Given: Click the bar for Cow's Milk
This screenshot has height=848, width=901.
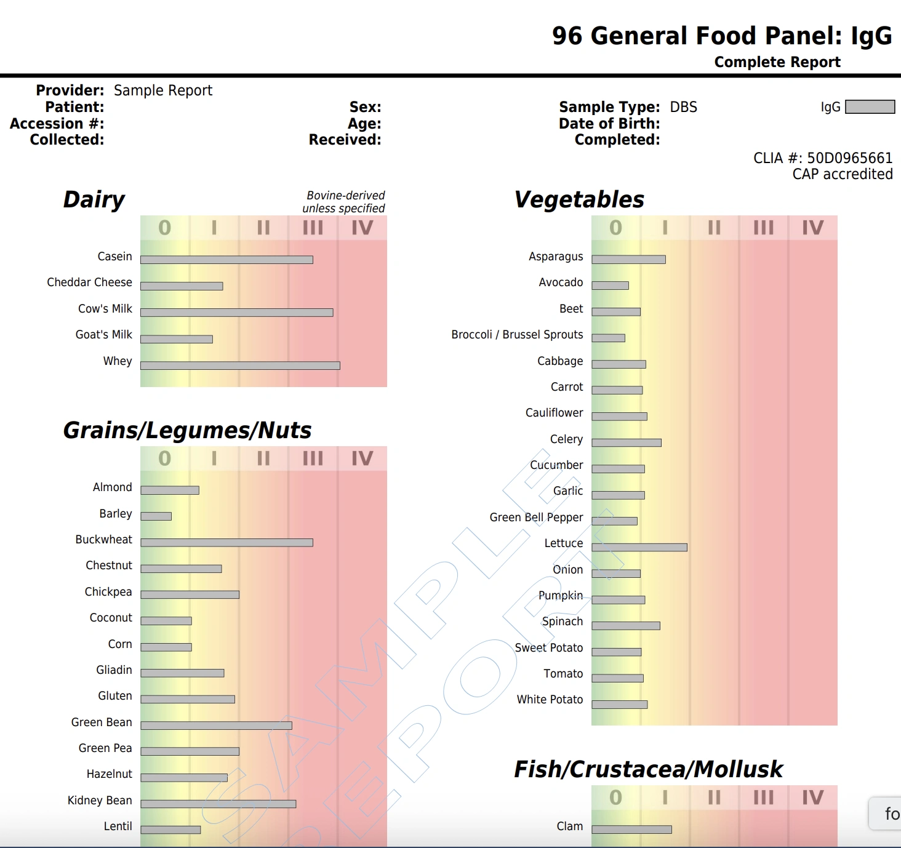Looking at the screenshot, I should click(x=237, y=313).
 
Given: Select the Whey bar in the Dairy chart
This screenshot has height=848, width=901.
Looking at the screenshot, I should click(x=240, y=366).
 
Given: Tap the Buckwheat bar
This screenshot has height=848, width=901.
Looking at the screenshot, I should click(x=226, y=543).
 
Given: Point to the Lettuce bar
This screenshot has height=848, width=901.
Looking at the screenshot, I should click(x=639, y=547).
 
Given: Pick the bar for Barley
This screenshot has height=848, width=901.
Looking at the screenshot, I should click(x=156, y=516).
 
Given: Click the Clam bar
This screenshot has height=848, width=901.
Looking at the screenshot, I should click(x=631, y=830).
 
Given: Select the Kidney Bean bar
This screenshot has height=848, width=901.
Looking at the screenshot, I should click(x=218, y=804).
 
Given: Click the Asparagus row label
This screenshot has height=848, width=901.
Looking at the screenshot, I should click(x=556, y=257).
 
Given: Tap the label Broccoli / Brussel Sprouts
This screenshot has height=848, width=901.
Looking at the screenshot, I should click(x=517, y=335).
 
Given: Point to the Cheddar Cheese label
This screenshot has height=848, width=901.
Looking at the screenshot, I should click(x=89, y=282).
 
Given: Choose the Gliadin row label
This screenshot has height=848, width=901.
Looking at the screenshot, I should click(x=114, y=670).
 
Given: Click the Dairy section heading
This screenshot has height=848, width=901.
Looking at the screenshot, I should click(x=94, y=200).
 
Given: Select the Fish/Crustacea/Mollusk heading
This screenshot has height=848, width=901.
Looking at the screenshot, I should click(x=648, y=769).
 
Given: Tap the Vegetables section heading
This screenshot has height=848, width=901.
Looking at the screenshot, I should click(x=579, y=200).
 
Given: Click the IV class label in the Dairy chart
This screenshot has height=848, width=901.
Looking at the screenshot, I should click(x=362, y=228).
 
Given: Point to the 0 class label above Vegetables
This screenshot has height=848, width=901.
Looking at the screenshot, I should click(x=615, y=228).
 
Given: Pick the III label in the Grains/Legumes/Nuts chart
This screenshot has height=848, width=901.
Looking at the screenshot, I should click(x=313, y=459).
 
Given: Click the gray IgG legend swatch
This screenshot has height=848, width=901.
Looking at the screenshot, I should click(x=870, y=107).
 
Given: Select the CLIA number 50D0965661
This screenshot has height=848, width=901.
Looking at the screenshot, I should click(x=849, y=158).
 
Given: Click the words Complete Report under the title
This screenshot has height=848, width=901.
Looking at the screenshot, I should click(x=777, y=62).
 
